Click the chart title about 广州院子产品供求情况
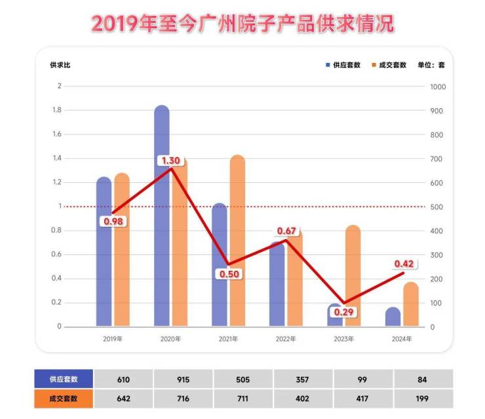point(242,24)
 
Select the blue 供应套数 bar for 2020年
point(162,216)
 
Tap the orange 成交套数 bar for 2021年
point(237,243)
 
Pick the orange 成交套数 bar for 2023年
point(353,275)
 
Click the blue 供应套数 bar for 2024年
point(393,316)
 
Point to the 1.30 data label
point(170,161)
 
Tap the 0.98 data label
point(113,221)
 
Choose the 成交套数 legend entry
point(389,65)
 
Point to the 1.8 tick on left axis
point(57,110)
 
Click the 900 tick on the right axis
point(437,111)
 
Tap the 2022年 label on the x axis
point(286,339)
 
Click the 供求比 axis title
point(60,65)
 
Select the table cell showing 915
point(183,379)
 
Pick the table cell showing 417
point(363,399)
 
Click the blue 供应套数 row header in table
point(64,379)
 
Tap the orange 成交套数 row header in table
point(64,399)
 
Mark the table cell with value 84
point(423,379)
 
